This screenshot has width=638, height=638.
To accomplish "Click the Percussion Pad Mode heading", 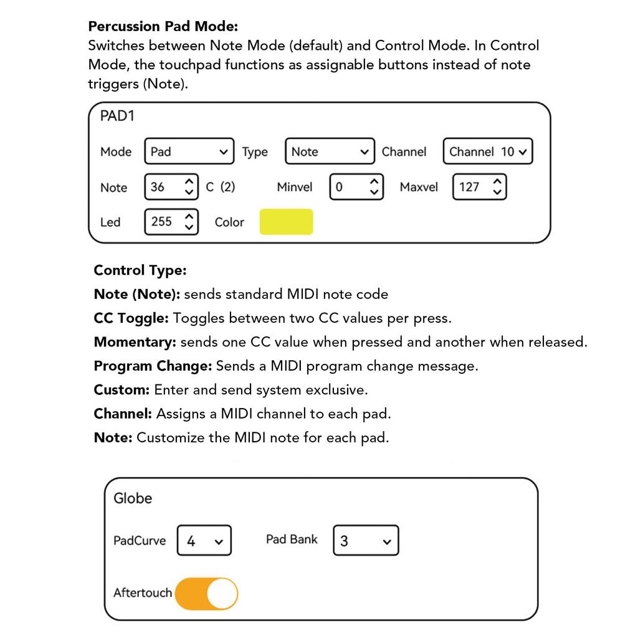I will [x=163, y=26].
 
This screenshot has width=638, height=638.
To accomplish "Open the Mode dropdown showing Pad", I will [x=189, y=151].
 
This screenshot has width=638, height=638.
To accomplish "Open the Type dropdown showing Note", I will [x=330, y=151].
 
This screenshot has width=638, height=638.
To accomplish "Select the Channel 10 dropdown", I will [x=488, y=151].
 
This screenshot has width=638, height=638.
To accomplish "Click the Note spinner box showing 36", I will [x=171, y=187].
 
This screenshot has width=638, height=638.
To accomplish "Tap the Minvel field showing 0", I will [x=355, y=187].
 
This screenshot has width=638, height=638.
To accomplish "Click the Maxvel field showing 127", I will [x=479, y=187].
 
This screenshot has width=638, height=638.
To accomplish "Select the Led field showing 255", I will [x=171, y=221].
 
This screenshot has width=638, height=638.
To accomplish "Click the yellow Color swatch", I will [x=286, y=222].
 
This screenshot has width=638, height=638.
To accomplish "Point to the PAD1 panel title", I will [x=117, y=116].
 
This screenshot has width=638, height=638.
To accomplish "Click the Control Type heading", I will [x=140, y=270].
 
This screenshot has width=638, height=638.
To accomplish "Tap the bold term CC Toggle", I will [x=131, y=318].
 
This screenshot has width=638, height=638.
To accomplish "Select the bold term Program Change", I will [x=153, y=366].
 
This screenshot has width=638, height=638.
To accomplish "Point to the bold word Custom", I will [x=121, y=389].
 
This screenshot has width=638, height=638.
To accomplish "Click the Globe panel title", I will [x=133, y=498].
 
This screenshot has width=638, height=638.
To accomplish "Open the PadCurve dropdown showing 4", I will [x=204, y=541].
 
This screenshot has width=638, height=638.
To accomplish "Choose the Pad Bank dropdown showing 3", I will [x=366, y=541].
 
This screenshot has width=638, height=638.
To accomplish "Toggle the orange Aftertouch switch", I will [x=206, y=593].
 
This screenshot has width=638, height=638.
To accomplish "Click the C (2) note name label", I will [x=221, y=187].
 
